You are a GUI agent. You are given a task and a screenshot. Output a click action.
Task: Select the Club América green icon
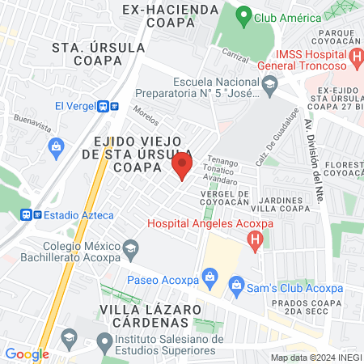coord(243,17)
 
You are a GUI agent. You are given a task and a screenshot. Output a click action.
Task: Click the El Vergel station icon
coord(103,106)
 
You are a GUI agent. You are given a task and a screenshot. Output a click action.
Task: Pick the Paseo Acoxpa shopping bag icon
coord(210,278)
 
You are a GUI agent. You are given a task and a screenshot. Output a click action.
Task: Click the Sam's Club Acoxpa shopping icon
coord(236,283)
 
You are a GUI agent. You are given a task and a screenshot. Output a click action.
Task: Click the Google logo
coord(26,353)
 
